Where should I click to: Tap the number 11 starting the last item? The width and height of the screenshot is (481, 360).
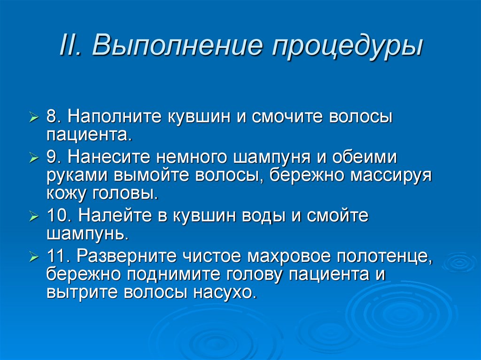[x=57, y=257]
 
